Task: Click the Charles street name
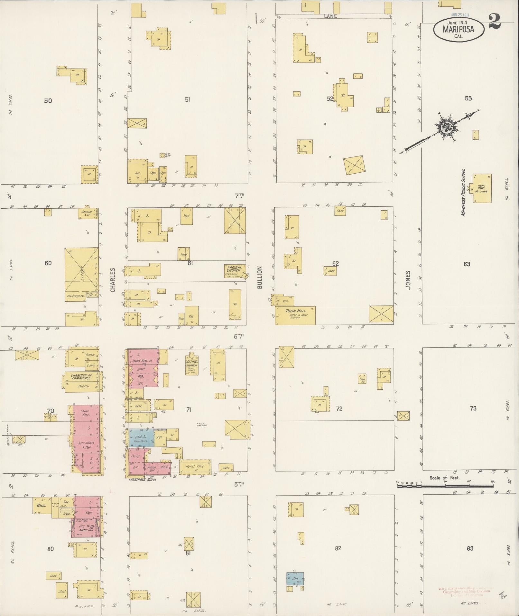(x=113, y=280)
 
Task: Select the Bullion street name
(x=260, y=277)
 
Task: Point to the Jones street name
(x=408, y=280)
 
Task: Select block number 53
(x=468, y=98)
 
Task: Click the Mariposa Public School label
(x=464, y=192)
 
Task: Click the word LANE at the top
(x=331, y=16)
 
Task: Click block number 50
(x=48, y=101)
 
